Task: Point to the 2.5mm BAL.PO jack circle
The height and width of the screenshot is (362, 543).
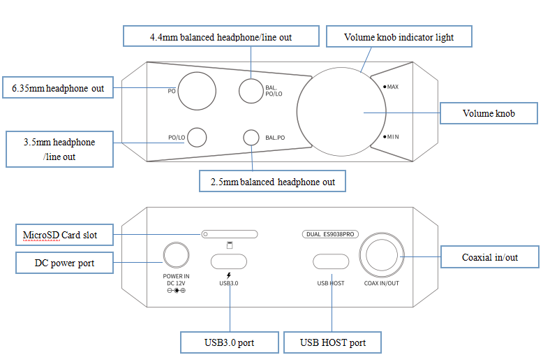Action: pos(251,138)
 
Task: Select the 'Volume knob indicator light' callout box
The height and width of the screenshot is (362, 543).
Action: pos(399,36)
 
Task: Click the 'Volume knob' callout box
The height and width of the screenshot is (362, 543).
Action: pos(489,113)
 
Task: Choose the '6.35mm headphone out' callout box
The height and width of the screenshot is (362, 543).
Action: pos(58,88)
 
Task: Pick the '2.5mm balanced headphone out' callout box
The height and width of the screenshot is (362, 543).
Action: pos(272,182)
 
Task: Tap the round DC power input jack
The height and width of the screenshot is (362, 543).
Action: pos(174,256)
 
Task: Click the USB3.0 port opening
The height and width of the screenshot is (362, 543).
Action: pos(229,261)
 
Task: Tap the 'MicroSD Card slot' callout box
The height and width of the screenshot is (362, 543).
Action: pos(65,235)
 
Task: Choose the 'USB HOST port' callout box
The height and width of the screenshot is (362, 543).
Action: pos(333,342)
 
